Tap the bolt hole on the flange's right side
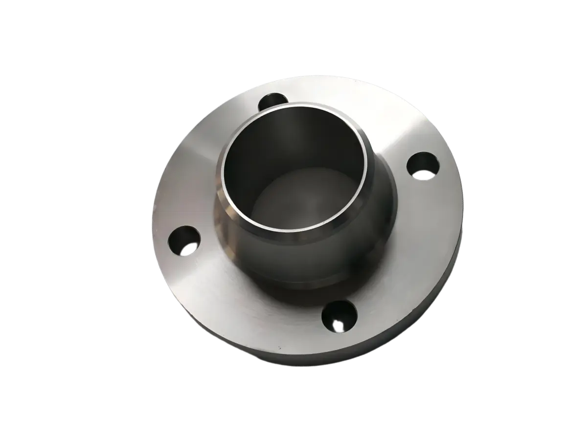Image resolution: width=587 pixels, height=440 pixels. [x=422, y=164]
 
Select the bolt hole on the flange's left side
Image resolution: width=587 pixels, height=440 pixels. [x=183, y=241]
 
